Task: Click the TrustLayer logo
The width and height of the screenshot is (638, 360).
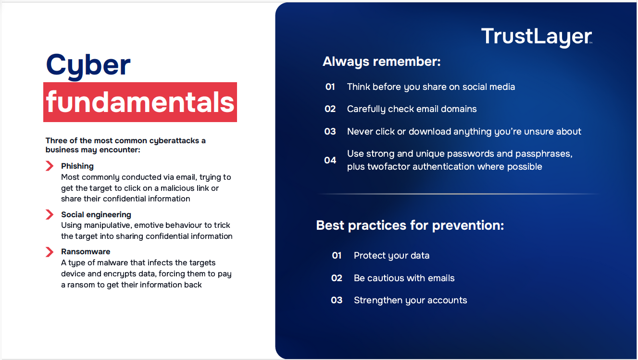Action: pyautogui.click(x=537, y=37)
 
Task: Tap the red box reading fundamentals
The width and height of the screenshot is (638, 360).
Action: pyautogui.click(x=140, y=102)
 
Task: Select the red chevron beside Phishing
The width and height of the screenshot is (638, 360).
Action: pyautogui.click(x=50, y=166)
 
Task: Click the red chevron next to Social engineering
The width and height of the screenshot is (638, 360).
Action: pyautogui.click(x=50, y=214)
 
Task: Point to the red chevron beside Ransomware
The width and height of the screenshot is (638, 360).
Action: pyautogui.click(x=50, y=252)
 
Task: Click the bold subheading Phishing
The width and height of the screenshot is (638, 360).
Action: pyautogui.click(x=77, y=166)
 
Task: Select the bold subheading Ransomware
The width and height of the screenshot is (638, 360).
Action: pyautogui.click(x=86, y=251)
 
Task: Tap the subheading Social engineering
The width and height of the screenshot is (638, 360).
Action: pyautogui.click(x=96, y=215)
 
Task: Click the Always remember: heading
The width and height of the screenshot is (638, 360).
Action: pyautogui.click(x=382, y=62)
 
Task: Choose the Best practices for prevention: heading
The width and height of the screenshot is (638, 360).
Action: pyautogui.click(x=410, y=225)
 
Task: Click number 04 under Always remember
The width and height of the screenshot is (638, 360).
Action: pyautogui.click(x=330, y=160)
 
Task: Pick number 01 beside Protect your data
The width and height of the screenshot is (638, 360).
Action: pyautogui.click(x=337, y=256)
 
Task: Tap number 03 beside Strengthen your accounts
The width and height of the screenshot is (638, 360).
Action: pyautogui.click(x=337, y=300)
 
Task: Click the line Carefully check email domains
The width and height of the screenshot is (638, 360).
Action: pyautogui.click(x=412, y=109)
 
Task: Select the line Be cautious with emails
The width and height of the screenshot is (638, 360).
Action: pyautogui.click(x=404, y=278)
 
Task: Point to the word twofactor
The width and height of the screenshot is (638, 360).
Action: pyautogui.click(x=388, y=167)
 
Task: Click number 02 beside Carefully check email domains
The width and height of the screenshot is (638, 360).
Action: pyautogui.click(x=330, y=109)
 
